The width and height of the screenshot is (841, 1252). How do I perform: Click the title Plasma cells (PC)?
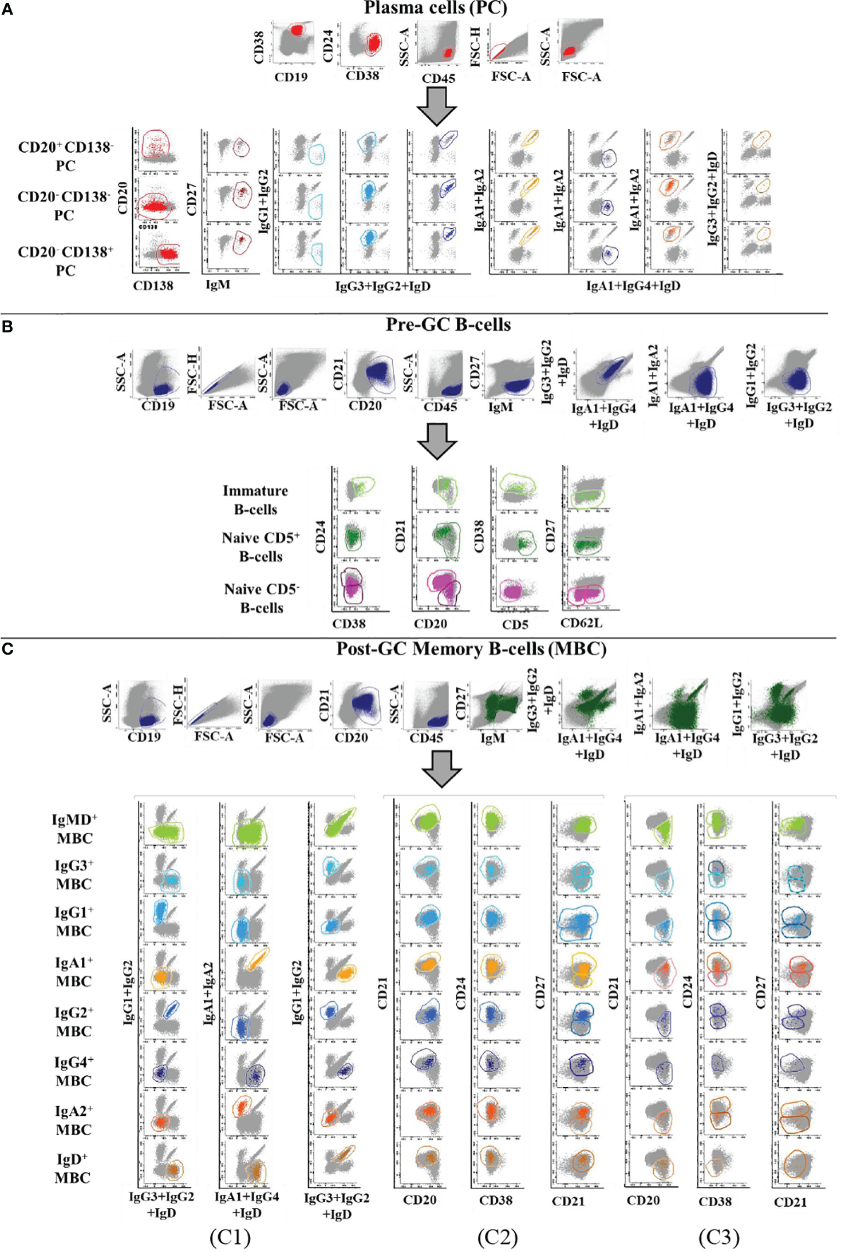pyautogui.click(x=435, y=8)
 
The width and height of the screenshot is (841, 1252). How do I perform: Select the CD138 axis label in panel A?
pyautogui.click(x=153, y=285)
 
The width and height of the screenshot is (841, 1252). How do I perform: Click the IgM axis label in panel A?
pyautogui.click(x=218, y=284)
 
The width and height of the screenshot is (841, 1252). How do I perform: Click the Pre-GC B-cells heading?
pyautogui.click(x=448, y=325)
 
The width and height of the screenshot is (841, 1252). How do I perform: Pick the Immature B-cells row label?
pyautogui.click(x=255, y=500)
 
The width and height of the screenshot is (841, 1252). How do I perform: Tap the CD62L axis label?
pyautogui.click(x=581, y=623)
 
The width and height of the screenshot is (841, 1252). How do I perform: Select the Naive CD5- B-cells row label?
pyautogui.click(x=262, y=598)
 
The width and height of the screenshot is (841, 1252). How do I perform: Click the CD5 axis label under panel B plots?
pyautogui.click(x=515, y=624)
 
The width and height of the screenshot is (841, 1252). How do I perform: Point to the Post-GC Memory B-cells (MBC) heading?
pyautogui.click(x=471, y=649)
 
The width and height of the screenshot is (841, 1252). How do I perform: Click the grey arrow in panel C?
pyautogui.click(x=441, y=768)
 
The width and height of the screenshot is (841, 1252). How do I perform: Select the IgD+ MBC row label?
pyautogui.click(x=72, y=1168)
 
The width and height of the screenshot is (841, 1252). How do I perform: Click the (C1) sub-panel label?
pyautogui.click(x=230, y=1237)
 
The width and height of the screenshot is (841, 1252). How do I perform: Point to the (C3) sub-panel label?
pyautogui.click(x=718, y=1237)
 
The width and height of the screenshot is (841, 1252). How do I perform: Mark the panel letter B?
pyautogui.click(x=7, y=327)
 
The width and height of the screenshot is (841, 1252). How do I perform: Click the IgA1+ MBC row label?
pyautogui.click(x=74, y=972)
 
